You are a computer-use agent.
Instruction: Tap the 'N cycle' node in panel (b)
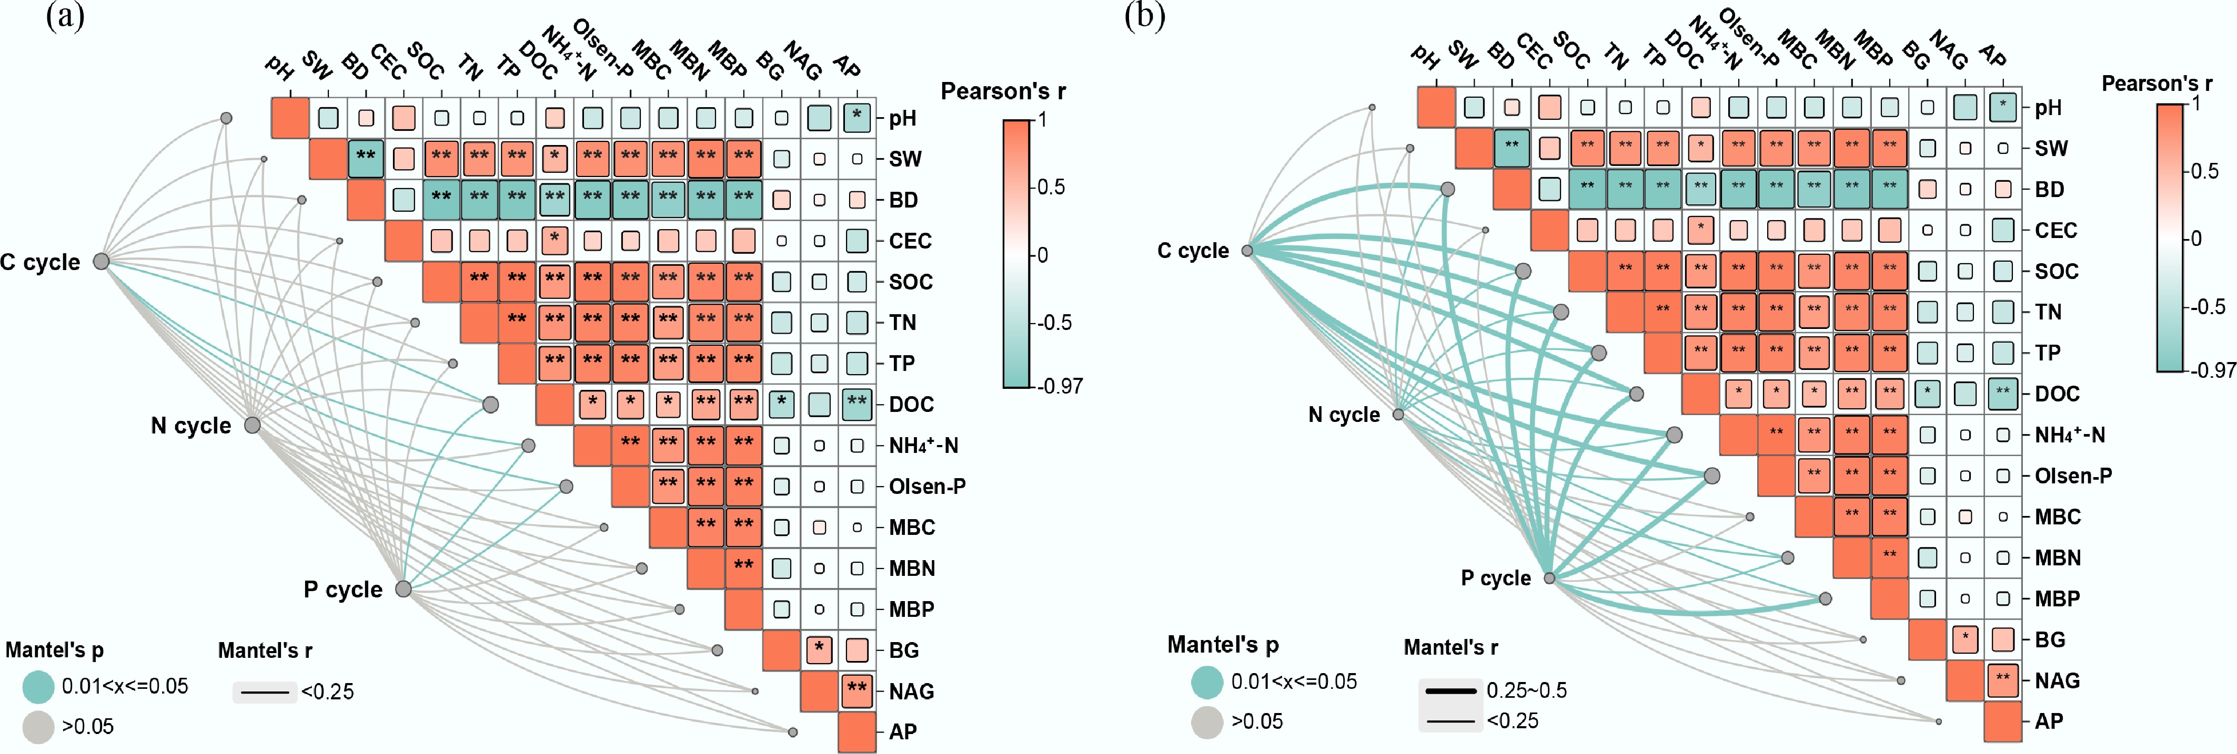[x=1398, y=415]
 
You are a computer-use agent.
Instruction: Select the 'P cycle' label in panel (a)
[x=343, y=590]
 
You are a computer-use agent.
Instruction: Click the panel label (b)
[x=1145, y=16]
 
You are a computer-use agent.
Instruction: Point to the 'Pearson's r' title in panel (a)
[x=1003, y=91]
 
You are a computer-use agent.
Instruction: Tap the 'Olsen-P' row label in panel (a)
[x=926, y=487]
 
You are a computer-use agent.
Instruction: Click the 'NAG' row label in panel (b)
[x=2057, y=680]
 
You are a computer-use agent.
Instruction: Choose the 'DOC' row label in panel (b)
[x=2057, y=394]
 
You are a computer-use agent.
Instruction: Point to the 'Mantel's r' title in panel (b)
[x=1450, y=647]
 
